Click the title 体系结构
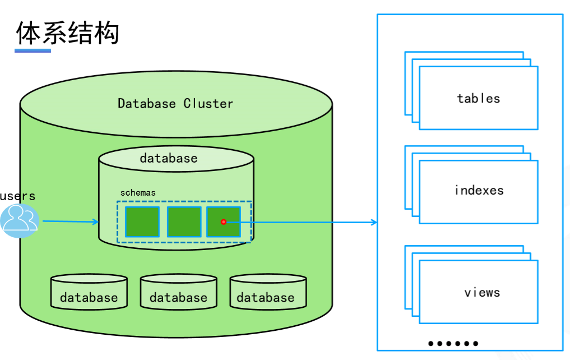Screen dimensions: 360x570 pyautogui.click(x=67, y=33)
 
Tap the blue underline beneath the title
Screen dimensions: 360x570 pyautogui.click(x=33, y=51)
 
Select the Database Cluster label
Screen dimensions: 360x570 pyautogui.click(x=175, y=104)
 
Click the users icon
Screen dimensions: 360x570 pyautogui.click(x=20, y=220)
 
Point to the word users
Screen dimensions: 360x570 pyautogui.click(x=18, y=196)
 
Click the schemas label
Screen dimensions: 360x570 pyautogui.click(x=138, y=193)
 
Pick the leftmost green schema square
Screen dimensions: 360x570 pyautogui.click(x=142, y=222)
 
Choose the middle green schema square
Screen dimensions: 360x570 pyautogui.click(x=184, y=222)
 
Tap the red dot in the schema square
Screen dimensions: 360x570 pyautogui.click(x=224, y=222)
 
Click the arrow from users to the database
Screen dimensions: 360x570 pyautogui.click(x=70, y=221)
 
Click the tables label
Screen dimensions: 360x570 pyautogui.click(x=478, y=99)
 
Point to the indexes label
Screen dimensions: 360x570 pyautogui.click(x=479, y=191)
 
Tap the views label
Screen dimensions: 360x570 pyautogui.click(x=482, y=293)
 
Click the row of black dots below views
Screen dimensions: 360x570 pyautogui.click(x=453, y=343)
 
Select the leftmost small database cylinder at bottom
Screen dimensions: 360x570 pyautogui.click(x=89, y=292)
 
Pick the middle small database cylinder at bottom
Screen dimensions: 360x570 pyautogui.click(x=178, y=292)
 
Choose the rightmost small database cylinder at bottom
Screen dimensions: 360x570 pyautogui.click(x=267, y=292)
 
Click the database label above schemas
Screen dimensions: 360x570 pyautogui.click(x=169, y=159)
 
